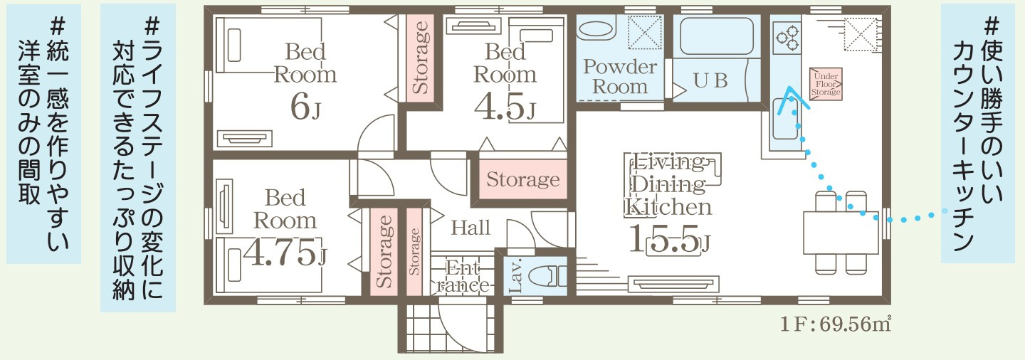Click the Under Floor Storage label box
click(826, 84)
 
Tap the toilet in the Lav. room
click(547, 276)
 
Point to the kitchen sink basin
click(784, 119)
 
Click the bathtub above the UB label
click(717, 36)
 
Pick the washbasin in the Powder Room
click(595, 30)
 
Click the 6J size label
click(305, 108)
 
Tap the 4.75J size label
click(285, 253)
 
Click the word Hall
click(471, 228)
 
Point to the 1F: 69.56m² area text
click(835, 324)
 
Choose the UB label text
click(710, 80)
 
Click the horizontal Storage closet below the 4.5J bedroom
click(522, 179)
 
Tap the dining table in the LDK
click(841, 233)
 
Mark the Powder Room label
click(620, 76)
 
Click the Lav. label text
click(515, 276)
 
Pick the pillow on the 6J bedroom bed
click(234, 44)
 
